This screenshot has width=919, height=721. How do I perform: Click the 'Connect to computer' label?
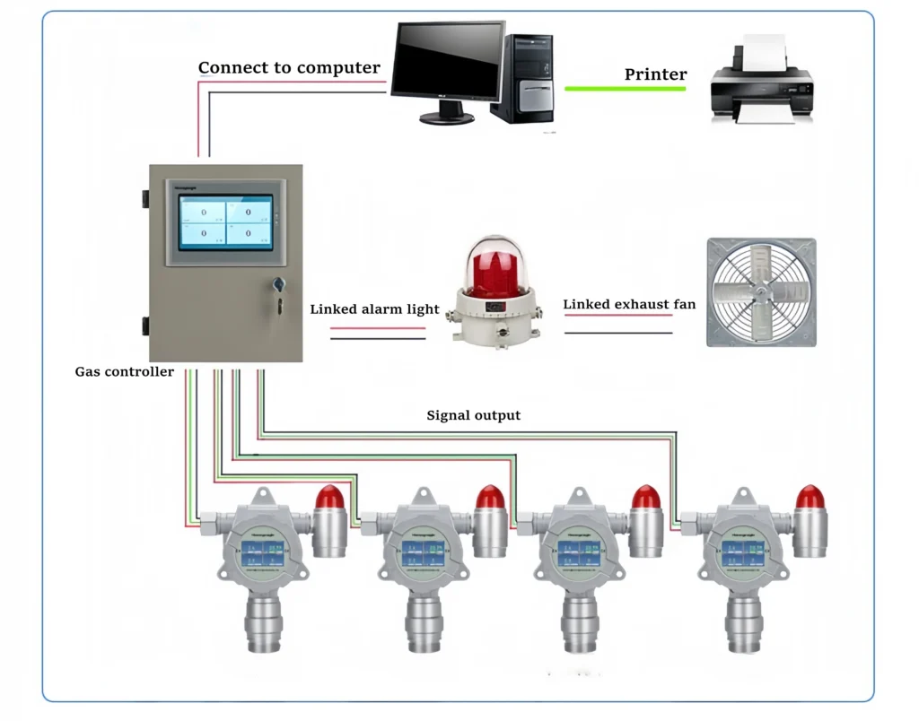click(289, 68)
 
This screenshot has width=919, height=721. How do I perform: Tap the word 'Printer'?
click(655, 74)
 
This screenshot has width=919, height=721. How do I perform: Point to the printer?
click(761, 84)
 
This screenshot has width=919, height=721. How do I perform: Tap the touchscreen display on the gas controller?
click(225, 222)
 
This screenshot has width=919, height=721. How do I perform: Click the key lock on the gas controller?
click(278, 286)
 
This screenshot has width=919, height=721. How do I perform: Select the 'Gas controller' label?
click(124, 371)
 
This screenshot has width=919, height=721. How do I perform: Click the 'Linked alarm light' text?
click(374, 309)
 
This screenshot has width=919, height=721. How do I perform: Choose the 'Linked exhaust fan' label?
click(629, 305)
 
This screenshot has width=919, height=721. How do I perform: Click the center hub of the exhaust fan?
click(761, 292)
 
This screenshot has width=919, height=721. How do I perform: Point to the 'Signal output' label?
click(473, 415)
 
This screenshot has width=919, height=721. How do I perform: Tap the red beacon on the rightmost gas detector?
click(810, 498)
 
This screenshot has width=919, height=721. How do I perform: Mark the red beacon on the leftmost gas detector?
click(329, 498)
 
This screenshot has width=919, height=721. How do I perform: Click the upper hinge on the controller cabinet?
click(144, 197)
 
